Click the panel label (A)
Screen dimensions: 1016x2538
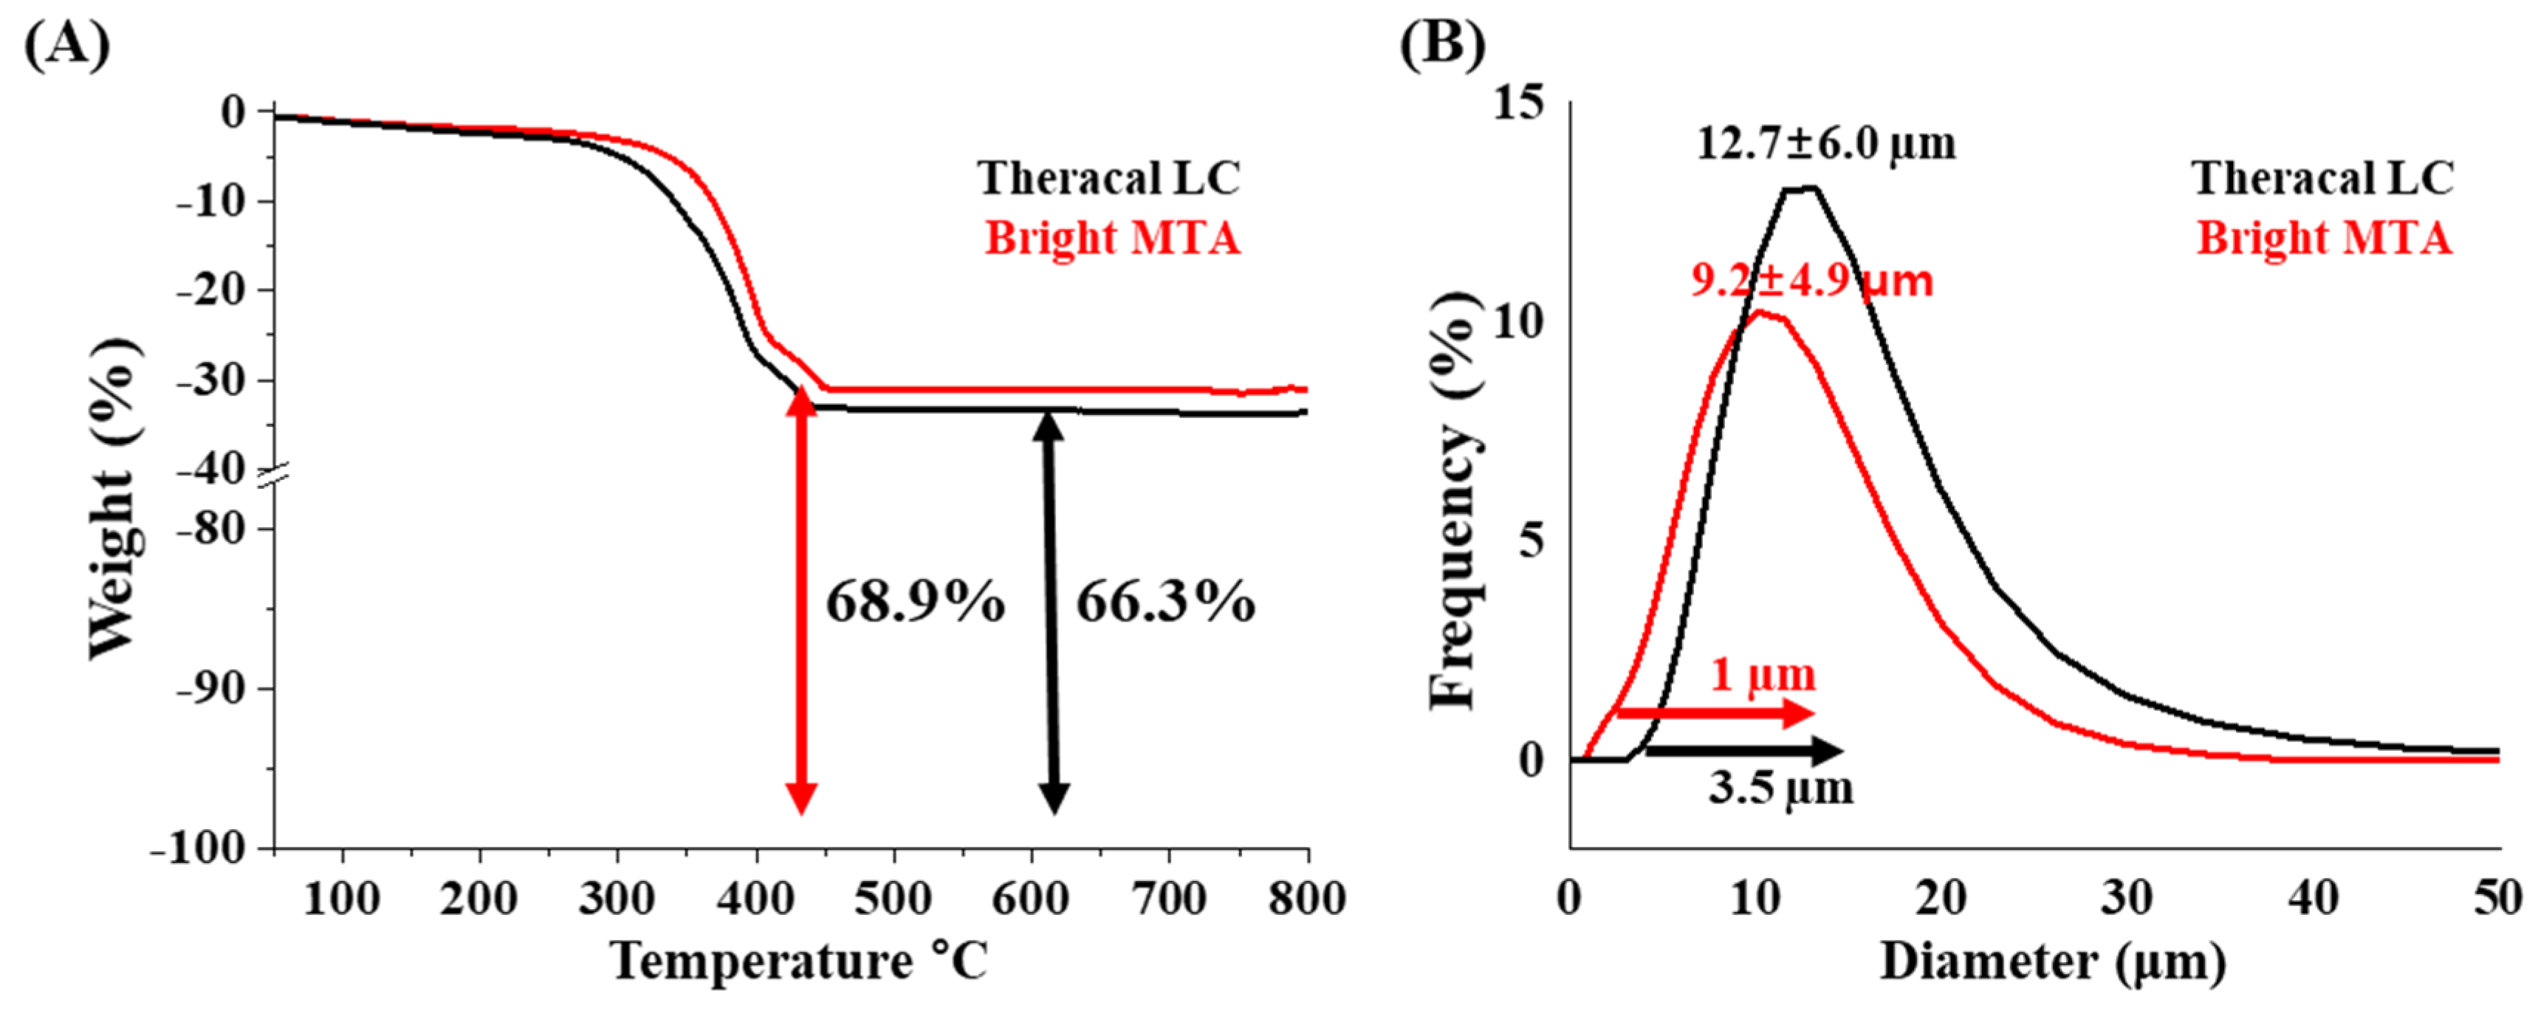pyautogui.click(x=67, y=45)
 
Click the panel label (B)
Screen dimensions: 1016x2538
pyautogui.click(x=1441, y=45)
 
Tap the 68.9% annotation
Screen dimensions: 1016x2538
pyautogui.click(x=914, y=601)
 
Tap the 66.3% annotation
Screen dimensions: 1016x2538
pyautogui.click(x=1165, y=601)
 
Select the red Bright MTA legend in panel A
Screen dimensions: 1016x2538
pyautogui.click(x=1112, y=238)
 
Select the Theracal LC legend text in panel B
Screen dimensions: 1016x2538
pyautogui.click(x=2322, y=179)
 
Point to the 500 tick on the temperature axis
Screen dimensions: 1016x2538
pyautogui.click(x=893, y=899)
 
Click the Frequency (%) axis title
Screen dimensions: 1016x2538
pyautogui.click(x=1454, y=500)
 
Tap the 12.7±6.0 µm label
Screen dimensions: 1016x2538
pyautogui.click(x=1825, y=144)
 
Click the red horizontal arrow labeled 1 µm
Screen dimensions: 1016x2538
pyautogui.click(x=1715, y=713)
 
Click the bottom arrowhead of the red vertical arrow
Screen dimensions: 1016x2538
pyautogui.click(x=801, y=798)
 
